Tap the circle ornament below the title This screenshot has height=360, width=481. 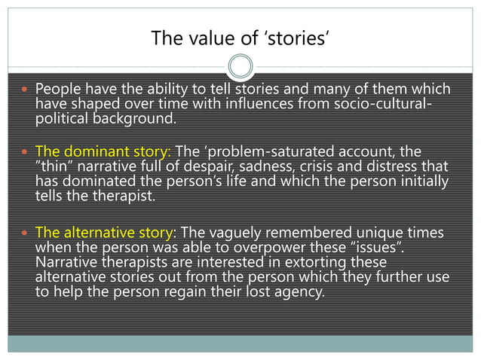(x=240, y=66)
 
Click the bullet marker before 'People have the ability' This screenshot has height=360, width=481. (x=26, y=90)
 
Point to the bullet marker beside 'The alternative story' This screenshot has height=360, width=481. (x=26, y=233)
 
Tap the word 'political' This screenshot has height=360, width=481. (x=63, y=118)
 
